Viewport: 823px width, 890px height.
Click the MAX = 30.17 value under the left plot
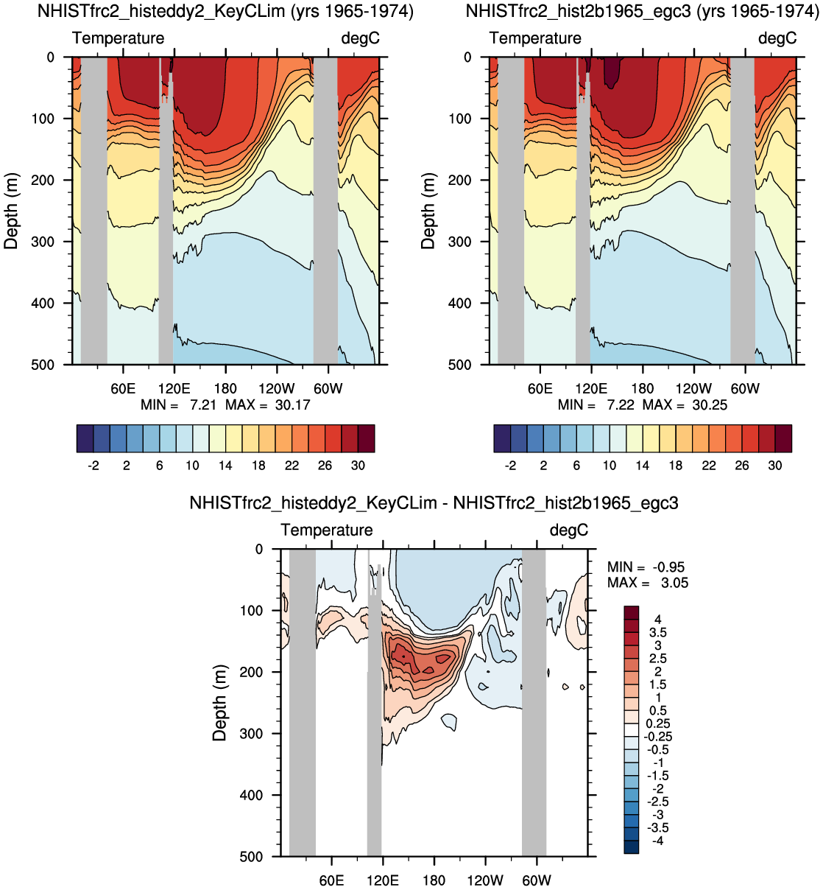[267, 405]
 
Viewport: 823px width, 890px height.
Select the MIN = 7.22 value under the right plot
[596, 405]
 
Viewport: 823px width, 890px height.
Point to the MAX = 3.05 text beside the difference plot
[648, 583]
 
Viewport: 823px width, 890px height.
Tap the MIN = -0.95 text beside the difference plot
[646, 567]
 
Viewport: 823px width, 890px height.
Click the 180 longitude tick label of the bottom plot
[434, 880]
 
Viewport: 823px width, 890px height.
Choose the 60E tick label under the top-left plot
[123, 388]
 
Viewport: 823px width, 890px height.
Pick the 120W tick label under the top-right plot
[693, 388]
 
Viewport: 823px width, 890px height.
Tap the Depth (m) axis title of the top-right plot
[428, 211]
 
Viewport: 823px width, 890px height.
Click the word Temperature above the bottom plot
[326, 530]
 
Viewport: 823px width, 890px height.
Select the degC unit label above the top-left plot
[361, 38]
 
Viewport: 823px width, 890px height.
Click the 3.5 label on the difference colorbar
[658, 632]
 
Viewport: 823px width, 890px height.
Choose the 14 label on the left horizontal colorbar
[225, 466]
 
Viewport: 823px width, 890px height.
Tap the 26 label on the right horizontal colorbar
[742, 466]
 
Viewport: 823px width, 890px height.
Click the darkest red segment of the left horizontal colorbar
[367, 438]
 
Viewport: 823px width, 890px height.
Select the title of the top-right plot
[643, 11]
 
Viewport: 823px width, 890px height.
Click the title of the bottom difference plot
[434, 502]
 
